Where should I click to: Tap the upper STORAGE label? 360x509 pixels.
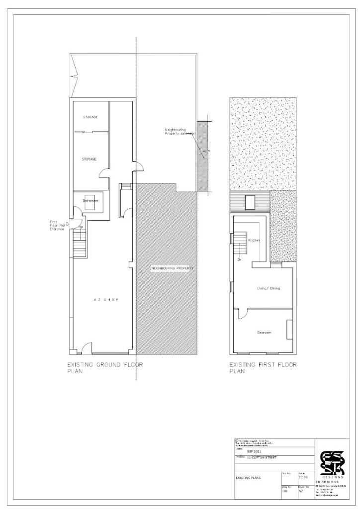90,117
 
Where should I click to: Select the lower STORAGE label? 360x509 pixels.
89,159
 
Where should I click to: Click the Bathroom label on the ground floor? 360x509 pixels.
90,201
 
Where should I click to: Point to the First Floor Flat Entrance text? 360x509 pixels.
57,225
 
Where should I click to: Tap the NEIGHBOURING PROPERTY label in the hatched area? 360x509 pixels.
172,268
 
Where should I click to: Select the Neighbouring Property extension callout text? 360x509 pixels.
179,132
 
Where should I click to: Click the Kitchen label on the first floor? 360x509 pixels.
255,240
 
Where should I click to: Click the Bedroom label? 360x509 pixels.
264,332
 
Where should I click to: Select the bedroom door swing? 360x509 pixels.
242,313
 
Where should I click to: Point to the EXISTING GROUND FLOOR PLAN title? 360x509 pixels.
105,368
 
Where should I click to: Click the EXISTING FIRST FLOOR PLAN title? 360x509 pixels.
263,368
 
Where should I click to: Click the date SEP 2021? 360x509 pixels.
254,451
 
